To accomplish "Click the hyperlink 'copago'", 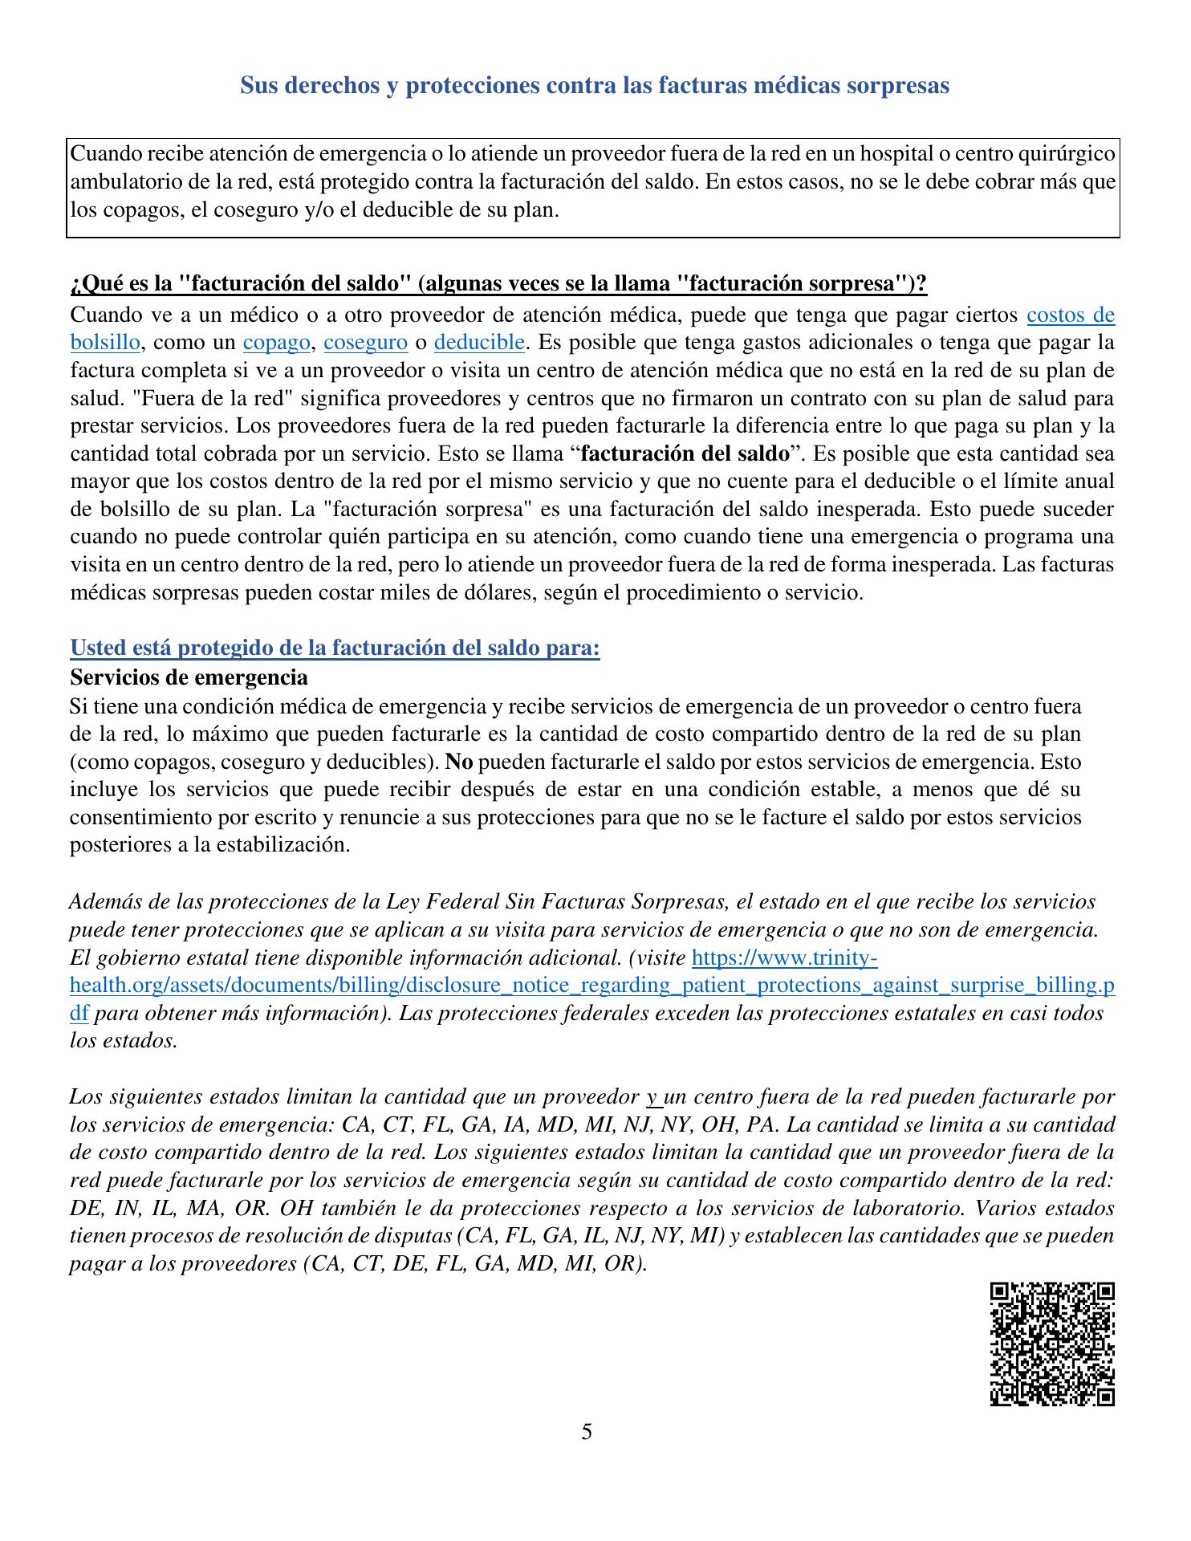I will tap(277, 343).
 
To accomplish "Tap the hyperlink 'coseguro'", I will tap(365, 343).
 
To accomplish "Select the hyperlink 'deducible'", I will tap(479, 343).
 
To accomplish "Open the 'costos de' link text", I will tap(1070, 315).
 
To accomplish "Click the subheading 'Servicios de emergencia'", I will tap(189, 677).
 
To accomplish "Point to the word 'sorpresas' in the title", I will tap(898, 86).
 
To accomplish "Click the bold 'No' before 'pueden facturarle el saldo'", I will tap(457, 761).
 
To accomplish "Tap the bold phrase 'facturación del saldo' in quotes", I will tap(685, 453).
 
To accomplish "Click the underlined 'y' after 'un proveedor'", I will tap(652, 1096).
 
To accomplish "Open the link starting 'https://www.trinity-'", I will tap(784, 958).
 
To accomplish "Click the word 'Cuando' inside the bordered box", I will tap(103, 153).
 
